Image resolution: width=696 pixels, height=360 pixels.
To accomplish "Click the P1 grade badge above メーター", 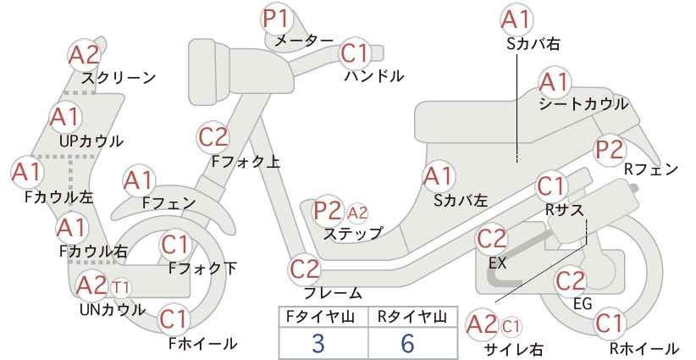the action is pos(277,19).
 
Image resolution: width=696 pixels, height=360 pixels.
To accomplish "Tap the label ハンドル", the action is pos(374,76).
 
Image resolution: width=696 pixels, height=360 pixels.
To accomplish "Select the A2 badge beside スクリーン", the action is pos(84,56).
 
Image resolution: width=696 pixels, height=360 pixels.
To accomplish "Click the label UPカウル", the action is pos(91,141).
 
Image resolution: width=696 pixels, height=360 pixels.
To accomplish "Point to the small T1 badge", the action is pos(121,288).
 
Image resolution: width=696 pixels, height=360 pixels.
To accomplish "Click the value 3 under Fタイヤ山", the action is pos(318,343).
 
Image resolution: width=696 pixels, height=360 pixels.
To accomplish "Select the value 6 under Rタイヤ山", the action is pos(407,343).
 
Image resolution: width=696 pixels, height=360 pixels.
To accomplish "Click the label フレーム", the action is pos(333,293).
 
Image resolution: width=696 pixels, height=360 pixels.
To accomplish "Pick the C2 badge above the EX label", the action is pos(491,239).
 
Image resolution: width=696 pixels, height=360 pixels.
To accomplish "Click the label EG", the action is pos(583,303).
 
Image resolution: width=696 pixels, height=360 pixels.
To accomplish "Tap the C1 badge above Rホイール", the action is pos(609,324).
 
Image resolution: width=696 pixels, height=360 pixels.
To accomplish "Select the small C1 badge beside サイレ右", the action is pos(511,327).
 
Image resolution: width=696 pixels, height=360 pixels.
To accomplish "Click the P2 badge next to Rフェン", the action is pos(610,150).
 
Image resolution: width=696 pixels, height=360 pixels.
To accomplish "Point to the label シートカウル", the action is pos(583,104).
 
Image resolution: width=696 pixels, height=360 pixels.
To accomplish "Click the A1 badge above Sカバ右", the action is pos(516,19).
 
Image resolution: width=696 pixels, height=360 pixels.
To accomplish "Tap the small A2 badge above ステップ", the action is pos(356,214).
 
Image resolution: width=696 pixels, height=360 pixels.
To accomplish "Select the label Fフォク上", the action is pos(246,162).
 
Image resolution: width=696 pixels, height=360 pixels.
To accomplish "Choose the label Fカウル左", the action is pos(59,197).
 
